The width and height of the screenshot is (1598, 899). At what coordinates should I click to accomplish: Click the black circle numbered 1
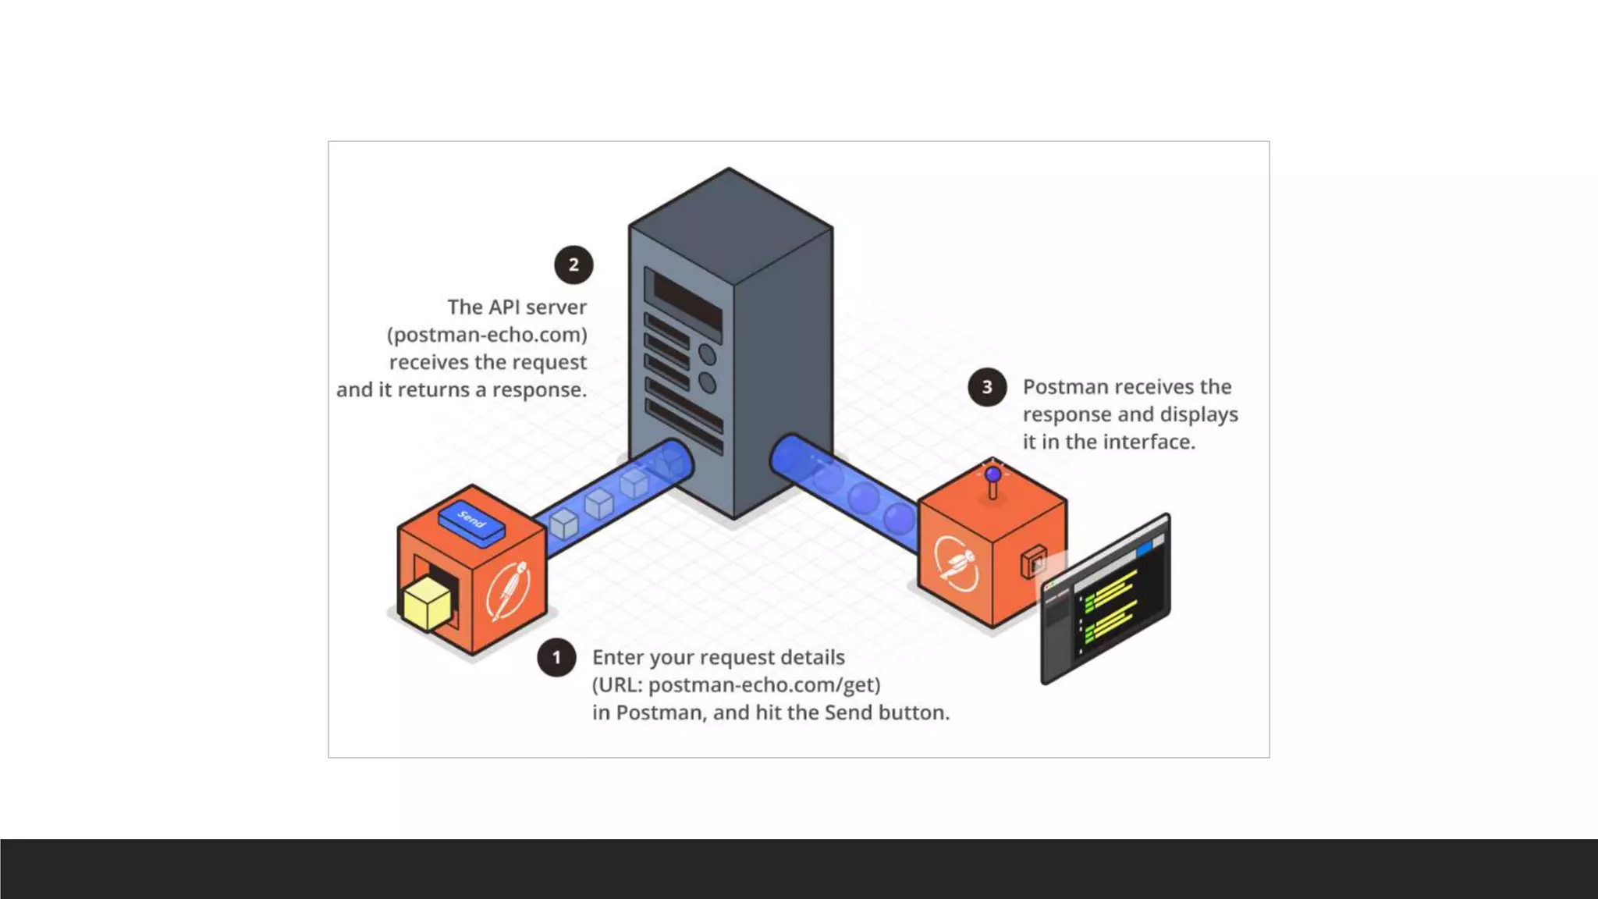pyautogui.click(x=556, y=658)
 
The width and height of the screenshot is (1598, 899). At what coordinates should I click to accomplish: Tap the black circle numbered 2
pyautogui.click(x=574, y=265)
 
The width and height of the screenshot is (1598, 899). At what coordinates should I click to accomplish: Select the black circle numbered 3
pyautogui.click(x=987, y=387)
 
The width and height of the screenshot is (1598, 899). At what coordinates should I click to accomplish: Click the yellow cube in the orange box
pyautogui.click(x=426, y=604)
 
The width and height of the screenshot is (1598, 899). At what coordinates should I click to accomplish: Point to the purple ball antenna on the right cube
pyautogui.click(x=993, y=474)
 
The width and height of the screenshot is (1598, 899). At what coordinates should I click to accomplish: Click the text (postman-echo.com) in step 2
pyautogui.click(x=487, y=335)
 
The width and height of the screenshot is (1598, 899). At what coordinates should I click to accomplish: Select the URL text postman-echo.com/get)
pyautogui.click(x=764, y=685)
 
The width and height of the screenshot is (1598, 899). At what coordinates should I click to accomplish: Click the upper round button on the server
pyautogui.click(x=707, y=354)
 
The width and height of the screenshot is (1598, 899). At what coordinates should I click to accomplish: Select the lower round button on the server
pyautogui.click(x=707, y=383)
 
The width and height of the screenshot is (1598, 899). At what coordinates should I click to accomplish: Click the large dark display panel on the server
pyautogui.click(x=687, y=300)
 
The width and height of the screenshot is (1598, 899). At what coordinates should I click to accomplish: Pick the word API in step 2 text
pyautogui.click(x=509, y=307)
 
